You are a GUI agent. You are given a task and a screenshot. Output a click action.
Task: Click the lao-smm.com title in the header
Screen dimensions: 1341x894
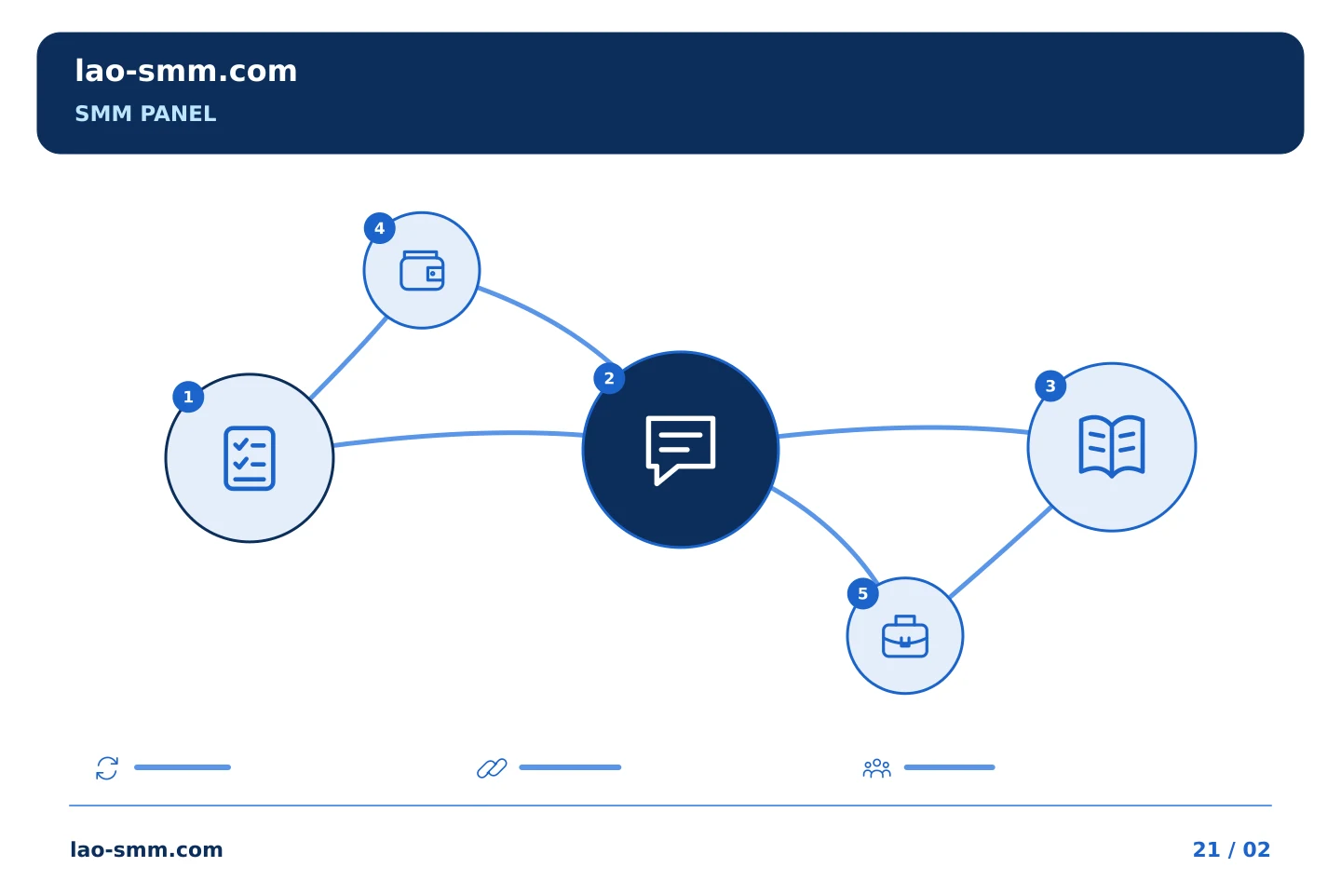tap(185, 72)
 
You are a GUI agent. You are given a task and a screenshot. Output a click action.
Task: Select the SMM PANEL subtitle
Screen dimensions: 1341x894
tap(145, 114)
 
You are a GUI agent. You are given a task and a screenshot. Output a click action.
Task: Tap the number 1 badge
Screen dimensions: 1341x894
tap(188, 397)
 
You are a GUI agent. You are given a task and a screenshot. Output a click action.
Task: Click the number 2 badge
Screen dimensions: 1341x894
tap(609, 378)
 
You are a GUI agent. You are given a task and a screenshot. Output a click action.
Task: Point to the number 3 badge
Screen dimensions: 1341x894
tap(1050, 386)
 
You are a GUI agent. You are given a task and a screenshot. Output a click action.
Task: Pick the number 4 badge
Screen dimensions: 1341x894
tap(379, 228)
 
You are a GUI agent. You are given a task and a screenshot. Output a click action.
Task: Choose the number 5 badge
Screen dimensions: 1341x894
tap(862, 594)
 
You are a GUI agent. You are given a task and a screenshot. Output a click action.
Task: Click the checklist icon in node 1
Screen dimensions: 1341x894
tap(250, 459)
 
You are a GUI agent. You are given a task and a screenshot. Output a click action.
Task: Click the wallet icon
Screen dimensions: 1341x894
tap(422, 271)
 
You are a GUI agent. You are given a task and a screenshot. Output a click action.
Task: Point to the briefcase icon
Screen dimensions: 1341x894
tap(905, 637)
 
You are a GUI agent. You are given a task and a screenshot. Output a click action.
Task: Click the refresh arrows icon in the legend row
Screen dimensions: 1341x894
tap(107, 768)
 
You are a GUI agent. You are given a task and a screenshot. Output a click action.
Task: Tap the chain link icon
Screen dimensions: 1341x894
tap(492, 768)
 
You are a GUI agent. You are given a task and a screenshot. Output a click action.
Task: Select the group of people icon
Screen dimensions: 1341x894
tap(877, 768)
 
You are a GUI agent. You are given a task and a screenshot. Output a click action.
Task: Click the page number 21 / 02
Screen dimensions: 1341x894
tap(1231, 849)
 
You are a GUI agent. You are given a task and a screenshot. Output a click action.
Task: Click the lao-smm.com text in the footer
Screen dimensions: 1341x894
tap(147, 849)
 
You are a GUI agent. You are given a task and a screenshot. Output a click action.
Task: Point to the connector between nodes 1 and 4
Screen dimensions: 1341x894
tap(349, 359)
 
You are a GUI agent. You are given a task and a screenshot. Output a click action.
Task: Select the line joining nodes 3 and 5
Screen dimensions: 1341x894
tap(1001, 552)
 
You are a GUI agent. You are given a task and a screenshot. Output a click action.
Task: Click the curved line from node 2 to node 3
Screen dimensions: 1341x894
tap(904, 427)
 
